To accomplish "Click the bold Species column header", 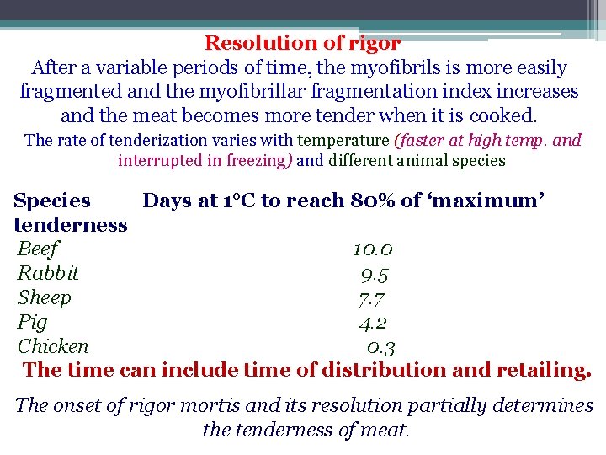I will click(x=52, y=201).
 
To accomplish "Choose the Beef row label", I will click(x=39, y=249).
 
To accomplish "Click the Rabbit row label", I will click(x=48, y=273).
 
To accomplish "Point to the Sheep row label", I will click(x=45, y=297).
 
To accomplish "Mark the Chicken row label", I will click(x=53, y=346).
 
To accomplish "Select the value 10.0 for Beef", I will click(x=373, y=249).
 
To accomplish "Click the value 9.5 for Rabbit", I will click(x=375, y=274).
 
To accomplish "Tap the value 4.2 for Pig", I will click(x=373, y=323).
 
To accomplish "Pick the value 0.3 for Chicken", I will click(x=381, y=347).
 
